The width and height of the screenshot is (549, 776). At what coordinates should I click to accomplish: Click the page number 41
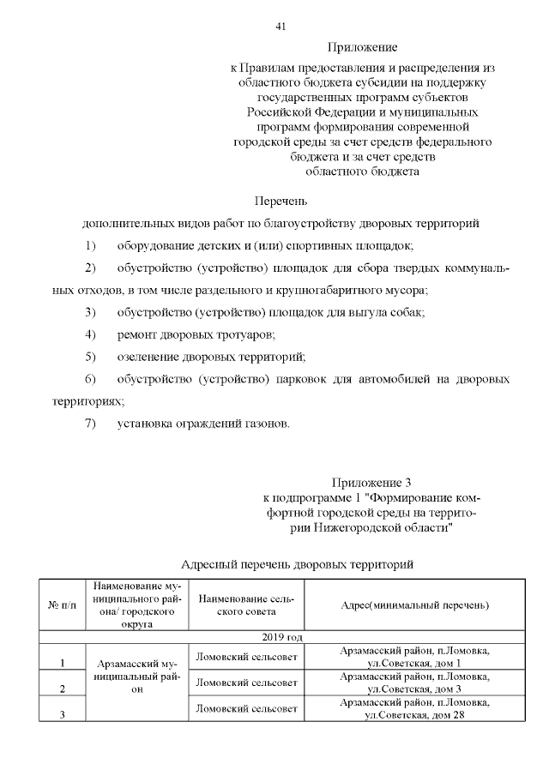(280, 26)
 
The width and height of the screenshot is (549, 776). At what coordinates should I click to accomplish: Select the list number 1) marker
(91, 246)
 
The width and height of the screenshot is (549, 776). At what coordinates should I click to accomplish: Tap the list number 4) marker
(91, 334)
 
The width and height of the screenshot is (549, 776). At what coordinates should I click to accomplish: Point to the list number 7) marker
(91, 423)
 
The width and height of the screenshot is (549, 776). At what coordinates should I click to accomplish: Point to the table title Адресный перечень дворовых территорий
(299, 564)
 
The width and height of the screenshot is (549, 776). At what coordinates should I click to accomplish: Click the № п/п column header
(60, 606)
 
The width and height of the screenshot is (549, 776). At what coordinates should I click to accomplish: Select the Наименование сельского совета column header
(246, 605)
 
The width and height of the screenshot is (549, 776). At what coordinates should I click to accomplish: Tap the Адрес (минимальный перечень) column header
(414, 605)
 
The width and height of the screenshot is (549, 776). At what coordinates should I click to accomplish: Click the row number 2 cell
(62, 689)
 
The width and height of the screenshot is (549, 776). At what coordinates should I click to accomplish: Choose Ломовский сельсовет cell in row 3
(246, 709)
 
